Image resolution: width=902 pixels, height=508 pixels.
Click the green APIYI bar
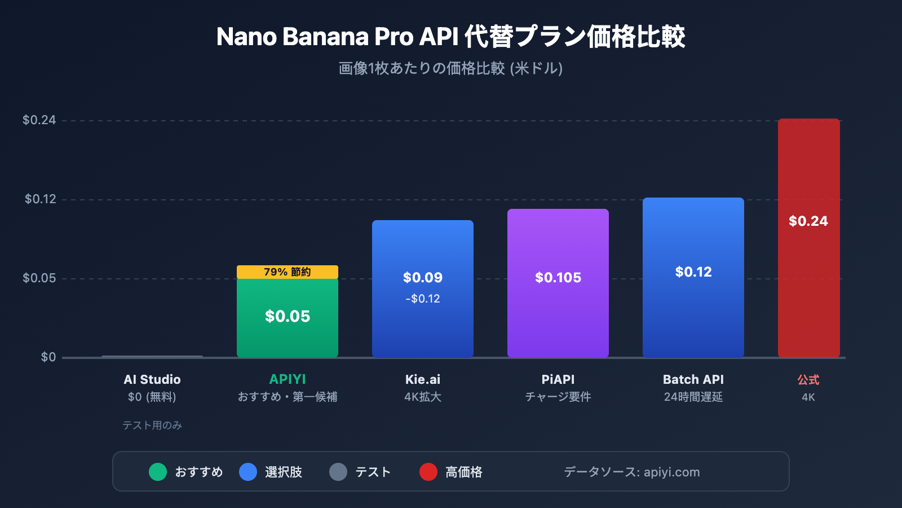pos(288,327)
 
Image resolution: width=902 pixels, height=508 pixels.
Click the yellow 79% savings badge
pos(288,272)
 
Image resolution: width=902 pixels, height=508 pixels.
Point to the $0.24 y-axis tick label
pos(39,120)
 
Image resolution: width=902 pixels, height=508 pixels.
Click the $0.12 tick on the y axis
pos(40,199)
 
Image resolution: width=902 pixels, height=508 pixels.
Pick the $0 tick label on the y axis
pos(48,357)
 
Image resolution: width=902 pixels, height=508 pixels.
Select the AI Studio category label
pos(152,380)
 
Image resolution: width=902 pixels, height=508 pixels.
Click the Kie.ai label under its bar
pos(423,380)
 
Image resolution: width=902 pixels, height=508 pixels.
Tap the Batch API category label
pos(693,380)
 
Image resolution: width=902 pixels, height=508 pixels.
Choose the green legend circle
pos(158,472)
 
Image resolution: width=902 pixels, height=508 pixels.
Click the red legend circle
pos(428,472)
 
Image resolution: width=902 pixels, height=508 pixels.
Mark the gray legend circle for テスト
pos(338,472)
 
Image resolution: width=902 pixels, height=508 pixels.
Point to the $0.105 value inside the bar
pos(558,278)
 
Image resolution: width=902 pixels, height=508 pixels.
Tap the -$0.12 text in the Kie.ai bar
pos(423,299)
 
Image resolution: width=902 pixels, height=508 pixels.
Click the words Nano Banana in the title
pos(293,37)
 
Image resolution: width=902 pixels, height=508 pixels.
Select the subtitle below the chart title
pos(450,68)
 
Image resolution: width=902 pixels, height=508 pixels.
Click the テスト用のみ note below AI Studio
pos(152,426)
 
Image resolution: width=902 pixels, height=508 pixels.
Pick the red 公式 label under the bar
pos(808,380)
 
